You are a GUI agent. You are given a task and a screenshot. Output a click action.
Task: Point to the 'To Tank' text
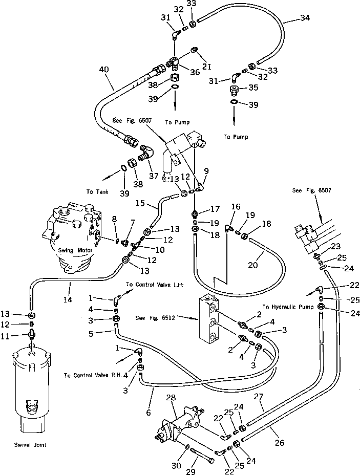pyautogui.click(x=97, y=191)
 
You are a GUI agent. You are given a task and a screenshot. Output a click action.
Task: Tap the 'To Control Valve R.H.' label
pyautogui.click(x=93, y=375)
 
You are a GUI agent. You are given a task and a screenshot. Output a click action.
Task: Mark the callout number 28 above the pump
pyautogui.click(x=171, y=397)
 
